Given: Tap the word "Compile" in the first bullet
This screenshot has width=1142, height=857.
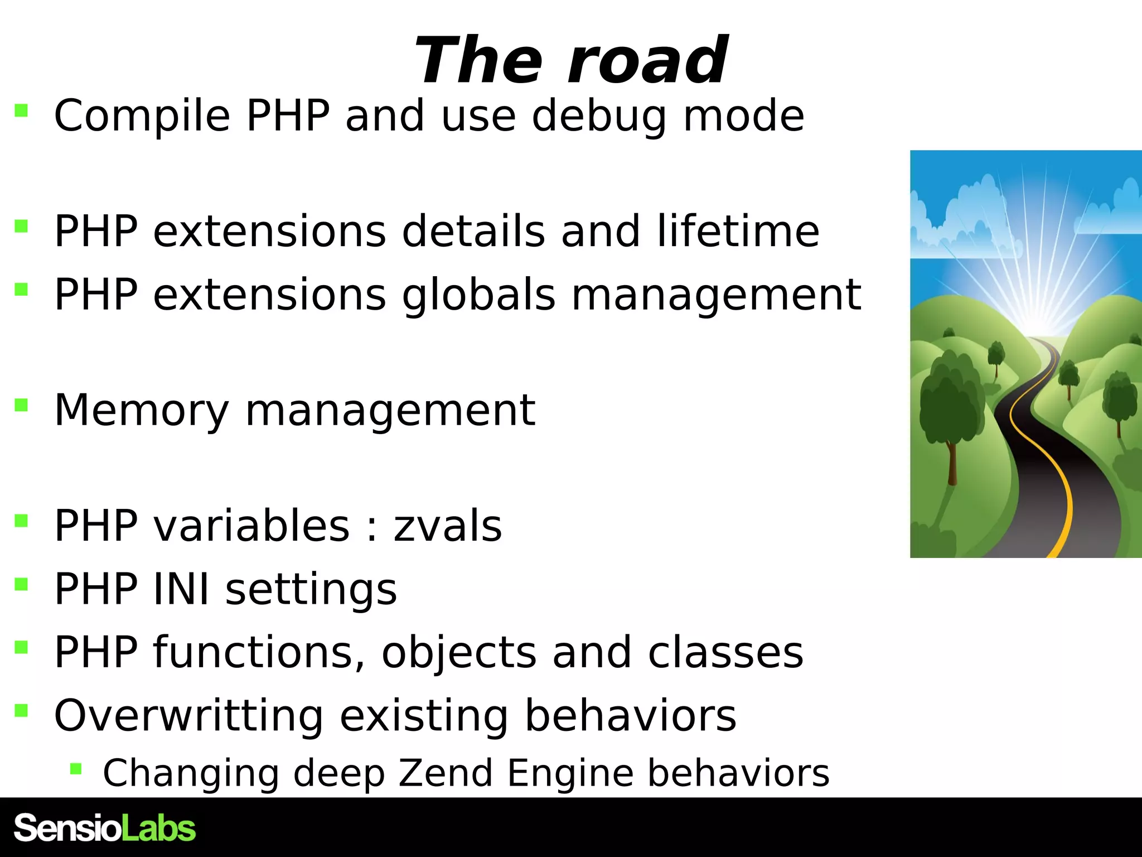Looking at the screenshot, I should tap(142, 116).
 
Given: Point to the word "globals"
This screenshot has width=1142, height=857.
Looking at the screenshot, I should tap(478, 295).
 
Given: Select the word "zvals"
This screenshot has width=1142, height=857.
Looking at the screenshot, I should tap(448, 526).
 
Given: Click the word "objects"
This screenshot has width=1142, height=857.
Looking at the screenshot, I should tap(459, 653).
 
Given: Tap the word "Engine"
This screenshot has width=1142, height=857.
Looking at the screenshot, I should tap(570, 774).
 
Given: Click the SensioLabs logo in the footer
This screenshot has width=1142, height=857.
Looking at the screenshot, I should tap(105, 827).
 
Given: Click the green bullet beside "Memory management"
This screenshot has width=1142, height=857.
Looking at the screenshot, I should tap(22, 405).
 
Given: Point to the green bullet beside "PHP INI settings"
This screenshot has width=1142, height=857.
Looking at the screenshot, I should tap(22, 584).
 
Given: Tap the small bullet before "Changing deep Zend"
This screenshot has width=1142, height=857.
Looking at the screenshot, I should tap(76, 769).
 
